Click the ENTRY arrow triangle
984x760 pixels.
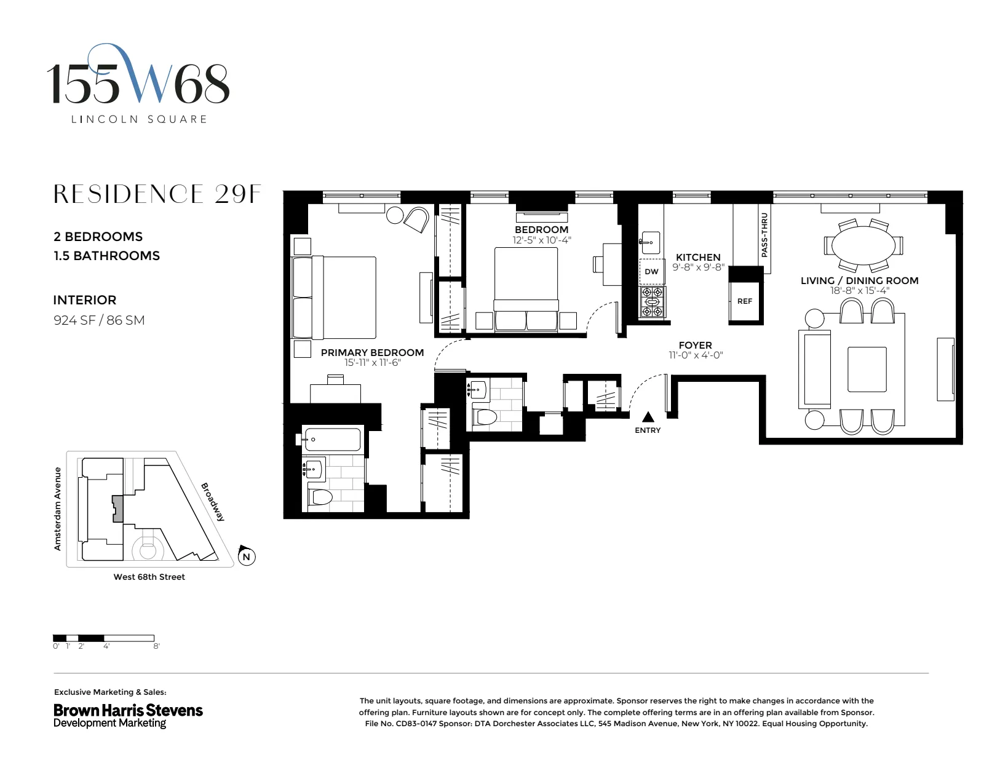pos(648,418)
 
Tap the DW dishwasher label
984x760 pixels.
pos(651,271)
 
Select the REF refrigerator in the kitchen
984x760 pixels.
pos(745,301)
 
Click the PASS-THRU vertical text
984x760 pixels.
pos(764,235)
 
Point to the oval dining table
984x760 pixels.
pos(863,245)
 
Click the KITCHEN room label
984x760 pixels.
pos(698,257)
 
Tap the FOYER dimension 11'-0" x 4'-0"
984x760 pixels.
pos(696,355)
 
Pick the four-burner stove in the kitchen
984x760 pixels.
pos(653,301)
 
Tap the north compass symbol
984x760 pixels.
pos(247,556)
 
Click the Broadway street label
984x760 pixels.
pos(213,501)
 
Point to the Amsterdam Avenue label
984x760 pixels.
pos(58,509)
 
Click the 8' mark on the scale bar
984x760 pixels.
pos(156,646)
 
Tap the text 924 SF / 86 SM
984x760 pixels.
pos(99,320)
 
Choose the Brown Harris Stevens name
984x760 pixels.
pos(128,710)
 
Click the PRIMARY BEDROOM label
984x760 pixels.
pos(372,352)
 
